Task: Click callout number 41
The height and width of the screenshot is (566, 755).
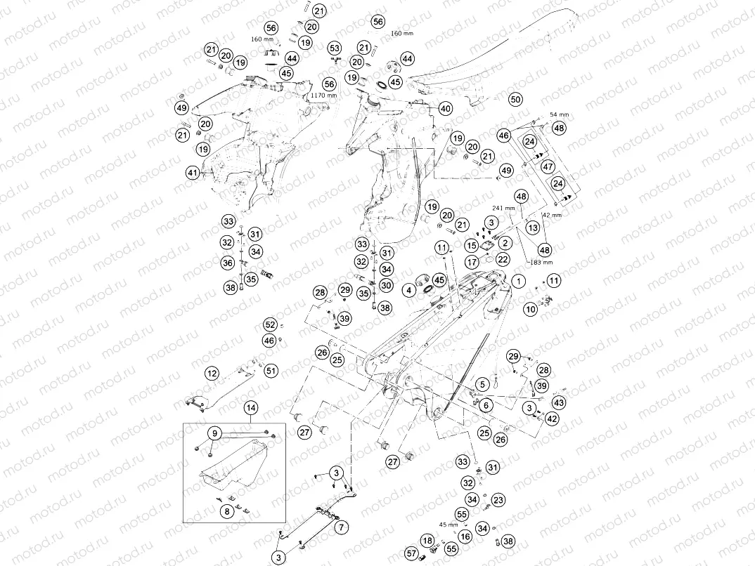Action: click(x=193, y=172)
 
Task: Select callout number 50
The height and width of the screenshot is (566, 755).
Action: click(x=516, y=100)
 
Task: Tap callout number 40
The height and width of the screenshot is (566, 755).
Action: click(x=446, y=109)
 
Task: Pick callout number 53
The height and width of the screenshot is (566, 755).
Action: click(x=335, y=48)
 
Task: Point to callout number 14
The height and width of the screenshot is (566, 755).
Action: click(x=251, y=408)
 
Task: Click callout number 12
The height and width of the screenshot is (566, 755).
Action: click(x=212, y=373)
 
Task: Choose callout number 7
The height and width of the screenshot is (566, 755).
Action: click(x=341, y=526)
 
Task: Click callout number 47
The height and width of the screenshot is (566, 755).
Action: click(x=548, y=166)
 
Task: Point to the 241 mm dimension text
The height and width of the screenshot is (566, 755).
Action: click(x=503, y=209)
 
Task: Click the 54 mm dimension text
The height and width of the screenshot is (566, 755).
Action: click(x=560, y=114)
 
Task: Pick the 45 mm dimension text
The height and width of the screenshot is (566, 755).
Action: click(x=448, y=524)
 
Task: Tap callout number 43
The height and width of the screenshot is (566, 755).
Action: click(x=559, y=403)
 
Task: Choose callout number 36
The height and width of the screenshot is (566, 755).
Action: click(x=228, y=263)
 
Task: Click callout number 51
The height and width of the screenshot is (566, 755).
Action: click(x=271, y=370)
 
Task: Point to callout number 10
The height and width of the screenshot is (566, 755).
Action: click(x=531, y=308)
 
